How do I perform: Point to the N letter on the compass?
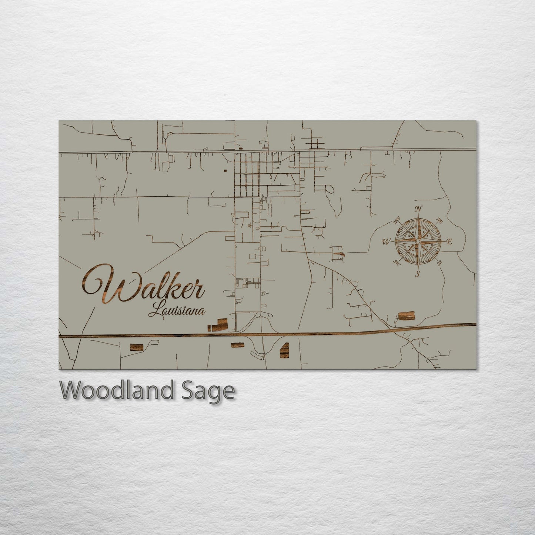tap(418, 209)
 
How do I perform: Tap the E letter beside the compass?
tap(449, 242)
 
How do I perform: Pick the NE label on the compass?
tap(439, 221)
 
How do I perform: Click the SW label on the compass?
tap(397, 263)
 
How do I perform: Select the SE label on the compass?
tap(439, 263)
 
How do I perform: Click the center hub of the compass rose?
tap(418, 241)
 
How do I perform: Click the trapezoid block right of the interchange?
tap(284, 350)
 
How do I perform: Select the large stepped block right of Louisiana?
tap(221, 325)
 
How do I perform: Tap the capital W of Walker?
tap(100, 285)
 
